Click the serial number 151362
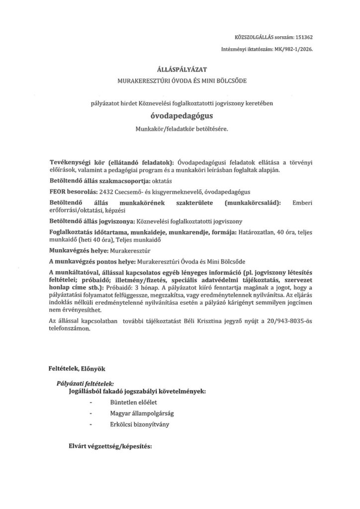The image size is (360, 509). pyautogui.click(x=302, y=37)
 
